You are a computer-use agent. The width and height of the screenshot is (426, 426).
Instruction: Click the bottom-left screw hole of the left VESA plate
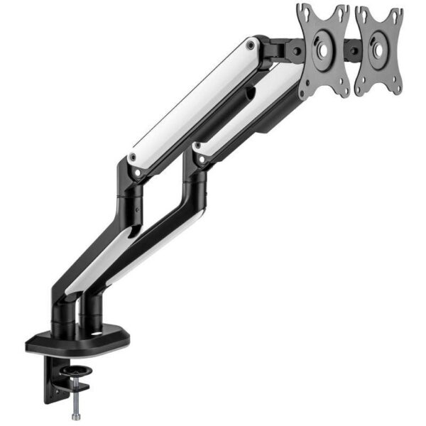pos(307,91)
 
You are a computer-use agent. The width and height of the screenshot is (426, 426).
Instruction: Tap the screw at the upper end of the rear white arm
pos(250,46)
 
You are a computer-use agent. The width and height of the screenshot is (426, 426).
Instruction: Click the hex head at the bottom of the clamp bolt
pos(74,414)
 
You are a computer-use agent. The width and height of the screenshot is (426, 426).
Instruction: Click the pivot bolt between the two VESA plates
pos(351,50)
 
